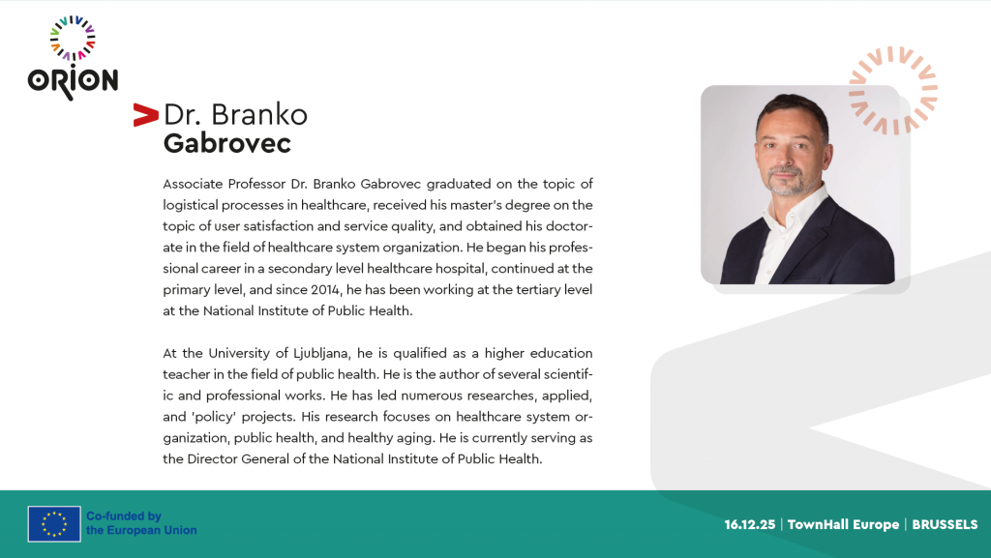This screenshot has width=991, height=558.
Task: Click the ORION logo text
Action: pos(73,82)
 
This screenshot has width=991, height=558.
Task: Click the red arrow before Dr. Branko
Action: pos(145,115)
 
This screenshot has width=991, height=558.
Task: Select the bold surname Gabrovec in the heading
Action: pos(226,144)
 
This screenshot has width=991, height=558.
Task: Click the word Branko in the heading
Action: pos(259,115)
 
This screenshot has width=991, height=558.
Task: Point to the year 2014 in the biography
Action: pos(326,290)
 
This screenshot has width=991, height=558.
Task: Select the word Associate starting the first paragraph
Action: pos(193,185)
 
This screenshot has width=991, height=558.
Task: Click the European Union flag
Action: pos(54,524)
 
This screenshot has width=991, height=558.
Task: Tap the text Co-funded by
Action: pos(124,516)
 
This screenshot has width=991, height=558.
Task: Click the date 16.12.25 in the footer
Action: pos(750,524)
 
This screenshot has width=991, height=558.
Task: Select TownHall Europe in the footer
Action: pos(843,524)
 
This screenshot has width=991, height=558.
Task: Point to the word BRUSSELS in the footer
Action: pos(945,524)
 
